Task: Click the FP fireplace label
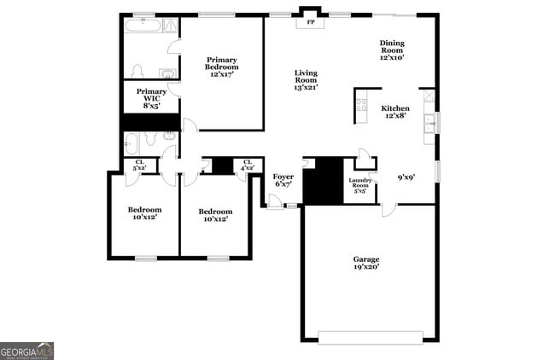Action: click(311, 22)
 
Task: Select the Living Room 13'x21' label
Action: click(306, 80)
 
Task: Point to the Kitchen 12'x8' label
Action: click(394, 112)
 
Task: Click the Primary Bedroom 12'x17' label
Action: click(221, 67)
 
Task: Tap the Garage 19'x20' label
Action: click(366, 263)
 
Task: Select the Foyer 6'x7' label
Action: click(283, 181)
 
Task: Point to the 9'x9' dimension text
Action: click(406, 177)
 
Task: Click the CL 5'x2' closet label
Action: click(139, 165)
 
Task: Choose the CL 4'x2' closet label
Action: click(248, 165)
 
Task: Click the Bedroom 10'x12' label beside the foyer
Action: click(215, 215)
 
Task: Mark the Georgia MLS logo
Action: click(27, 351)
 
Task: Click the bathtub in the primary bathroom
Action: click(141, 26)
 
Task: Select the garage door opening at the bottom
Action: click(371, 335)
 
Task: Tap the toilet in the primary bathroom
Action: click(137, 71)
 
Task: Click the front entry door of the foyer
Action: click(275, 201)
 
